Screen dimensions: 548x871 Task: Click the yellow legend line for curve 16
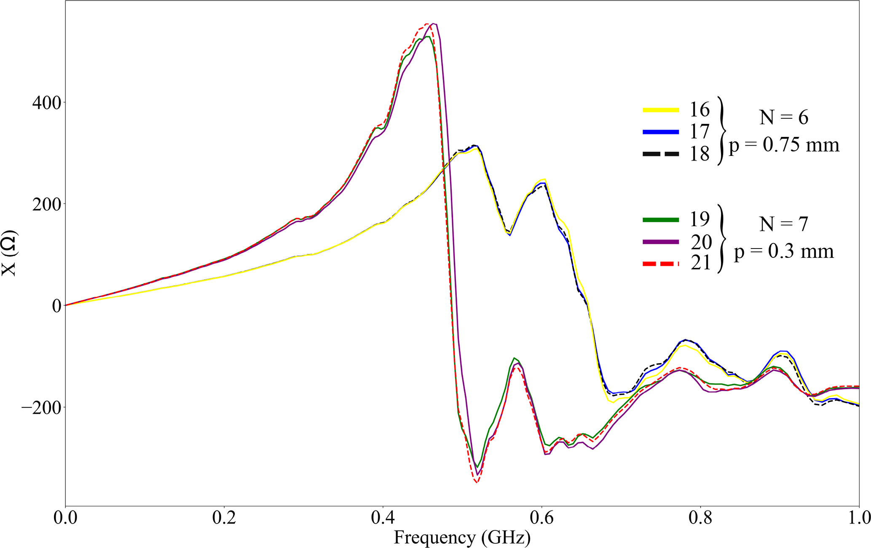[x=661, y=110]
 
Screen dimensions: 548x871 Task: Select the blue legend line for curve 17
[x=661, y=132]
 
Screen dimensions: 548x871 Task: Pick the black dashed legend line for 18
[x=661, y=154]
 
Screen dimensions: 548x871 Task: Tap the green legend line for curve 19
[x=661, y=220]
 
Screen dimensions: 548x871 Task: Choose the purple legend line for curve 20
[x=661, y=242]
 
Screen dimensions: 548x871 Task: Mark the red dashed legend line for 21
[x=661, y=264]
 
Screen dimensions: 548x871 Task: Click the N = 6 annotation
[x=783, y=118]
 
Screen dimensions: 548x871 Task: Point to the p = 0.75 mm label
[x=784, y=145]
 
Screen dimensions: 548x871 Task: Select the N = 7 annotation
[x=783, y=224]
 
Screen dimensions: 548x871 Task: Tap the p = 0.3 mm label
[x=784, y=252]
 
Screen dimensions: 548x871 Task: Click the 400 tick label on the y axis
[x=46, y=102]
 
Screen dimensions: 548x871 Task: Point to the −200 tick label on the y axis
[x=41, y=407]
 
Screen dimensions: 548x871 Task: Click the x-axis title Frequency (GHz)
[x=462, y=538]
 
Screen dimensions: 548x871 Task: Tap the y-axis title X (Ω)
[x=9, y=253]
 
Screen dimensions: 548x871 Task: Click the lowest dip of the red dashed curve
[x=477, y=483]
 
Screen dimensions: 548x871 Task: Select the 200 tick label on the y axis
[x=46, y=204]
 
